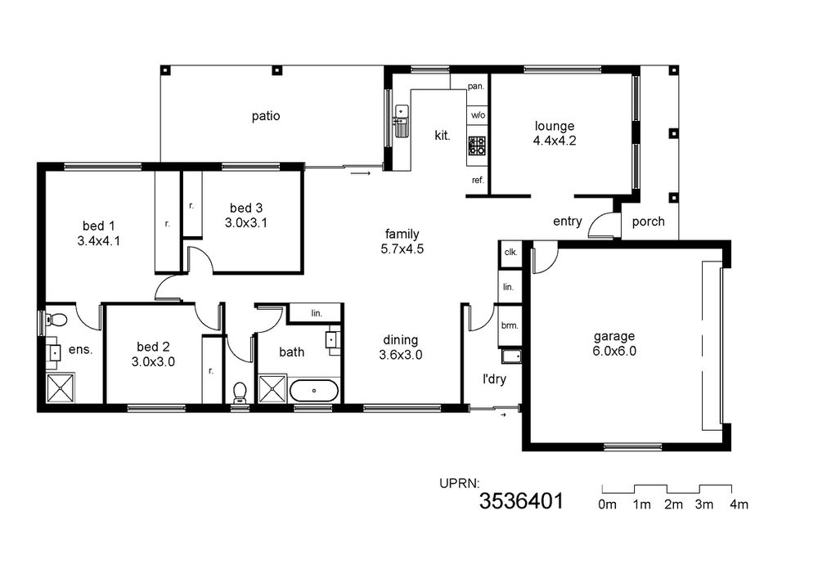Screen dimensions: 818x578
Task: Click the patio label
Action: point(266,116)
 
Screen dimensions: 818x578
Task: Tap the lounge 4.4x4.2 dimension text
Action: point(555,141)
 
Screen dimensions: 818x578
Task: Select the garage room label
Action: point(614,337)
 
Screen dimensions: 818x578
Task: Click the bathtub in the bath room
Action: point(313,391)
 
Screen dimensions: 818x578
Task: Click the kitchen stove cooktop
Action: point(477,146)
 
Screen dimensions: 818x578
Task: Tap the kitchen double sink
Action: point(401,121)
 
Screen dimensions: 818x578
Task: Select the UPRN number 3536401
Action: point(521,501)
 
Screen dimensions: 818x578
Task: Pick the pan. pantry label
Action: point(476,87)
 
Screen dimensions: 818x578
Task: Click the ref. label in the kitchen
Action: point(478,181)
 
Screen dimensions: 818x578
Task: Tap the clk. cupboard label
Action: point(510,253)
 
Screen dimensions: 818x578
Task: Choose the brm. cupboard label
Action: point(510,325)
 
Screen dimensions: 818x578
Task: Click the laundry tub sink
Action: point(511,356)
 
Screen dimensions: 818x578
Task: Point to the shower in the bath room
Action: point(272,388)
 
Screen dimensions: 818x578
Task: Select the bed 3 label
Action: point(245,208)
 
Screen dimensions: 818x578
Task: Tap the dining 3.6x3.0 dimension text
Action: point(401,356)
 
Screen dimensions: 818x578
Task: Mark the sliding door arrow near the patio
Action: point(361,173)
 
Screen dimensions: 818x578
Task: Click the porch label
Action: point(649,222)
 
